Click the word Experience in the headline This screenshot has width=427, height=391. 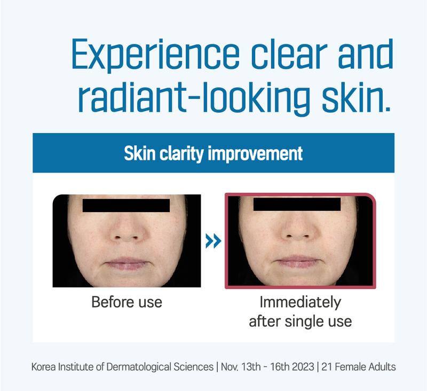click(155, 54)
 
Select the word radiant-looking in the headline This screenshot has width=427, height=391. click(194, 99)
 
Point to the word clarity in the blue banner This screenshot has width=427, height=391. click(181, 154)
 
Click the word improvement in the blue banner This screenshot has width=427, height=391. click(255, 154)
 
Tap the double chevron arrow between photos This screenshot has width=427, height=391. click(213, 241)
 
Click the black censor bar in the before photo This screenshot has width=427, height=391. click(126, 206)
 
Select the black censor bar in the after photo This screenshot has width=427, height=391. click(297, 205)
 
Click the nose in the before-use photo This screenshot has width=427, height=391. click(126, 229)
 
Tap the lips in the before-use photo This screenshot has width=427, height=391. click(127, 263)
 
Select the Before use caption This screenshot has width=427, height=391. click(126, 302)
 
